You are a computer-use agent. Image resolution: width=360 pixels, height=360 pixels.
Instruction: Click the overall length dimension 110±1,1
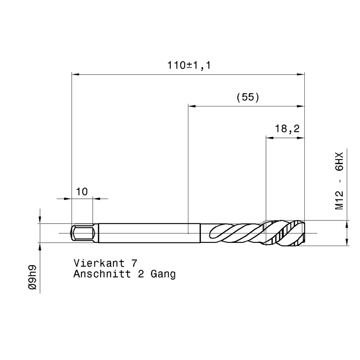click(x=189, y=65)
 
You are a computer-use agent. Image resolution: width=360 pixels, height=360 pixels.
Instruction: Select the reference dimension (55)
click(x=248, y=97)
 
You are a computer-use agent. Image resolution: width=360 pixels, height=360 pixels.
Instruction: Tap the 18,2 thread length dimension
click(x=287, y=129)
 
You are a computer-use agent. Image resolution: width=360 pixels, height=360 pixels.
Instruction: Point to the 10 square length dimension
click(x=82, y=192)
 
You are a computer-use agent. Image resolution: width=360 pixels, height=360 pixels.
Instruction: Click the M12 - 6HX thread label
click(x=339, y=181)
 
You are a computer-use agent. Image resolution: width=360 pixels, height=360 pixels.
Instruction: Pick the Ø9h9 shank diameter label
click(x=32, y=277)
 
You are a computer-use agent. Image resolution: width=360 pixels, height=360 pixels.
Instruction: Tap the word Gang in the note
click(x=163, y=274)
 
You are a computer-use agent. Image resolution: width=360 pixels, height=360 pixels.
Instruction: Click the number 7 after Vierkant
click(x=134, y=263)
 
